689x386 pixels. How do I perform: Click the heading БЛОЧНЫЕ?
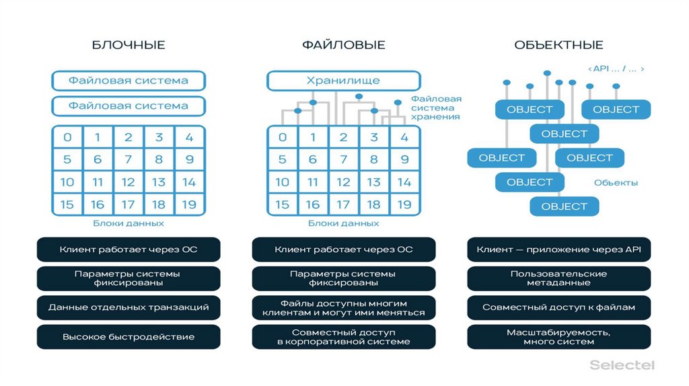pos(129,45)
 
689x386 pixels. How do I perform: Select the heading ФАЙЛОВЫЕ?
pos(343,45)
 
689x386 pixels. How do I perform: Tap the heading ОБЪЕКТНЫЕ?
pos(558,45)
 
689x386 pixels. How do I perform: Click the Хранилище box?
pos(343,81)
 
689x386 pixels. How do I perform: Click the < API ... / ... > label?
pos(616,69)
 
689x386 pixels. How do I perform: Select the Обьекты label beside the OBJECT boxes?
pos(616,182)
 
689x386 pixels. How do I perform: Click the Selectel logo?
pos(622,365)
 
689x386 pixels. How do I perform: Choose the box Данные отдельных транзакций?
pos(129,307)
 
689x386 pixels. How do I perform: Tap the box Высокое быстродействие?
pos(129,336)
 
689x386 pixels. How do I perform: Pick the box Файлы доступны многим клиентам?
pos(343,307)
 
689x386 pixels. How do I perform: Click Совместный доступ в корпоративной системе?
pos(343,336)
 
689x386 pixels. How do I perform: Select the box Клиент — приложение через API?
pos(558,249)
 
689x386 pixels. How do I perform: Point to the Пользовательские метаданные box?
pos(558,278)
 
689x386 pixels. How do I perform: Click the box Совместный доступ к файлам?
pos(558,307)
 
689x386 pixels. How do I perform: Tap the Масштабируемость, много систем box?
pos(558,336)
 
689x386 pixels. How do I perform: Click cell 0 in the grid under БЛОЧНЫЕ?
pos(67,138)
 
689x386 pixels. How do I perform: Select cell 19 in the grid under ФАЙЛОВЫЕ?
pos(404,204)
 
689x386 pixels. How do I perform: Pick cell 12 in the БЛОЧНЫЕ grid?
pos(129,182)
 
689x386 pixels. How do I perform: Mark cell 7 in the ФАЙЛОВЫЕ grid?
pos(343,160)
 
